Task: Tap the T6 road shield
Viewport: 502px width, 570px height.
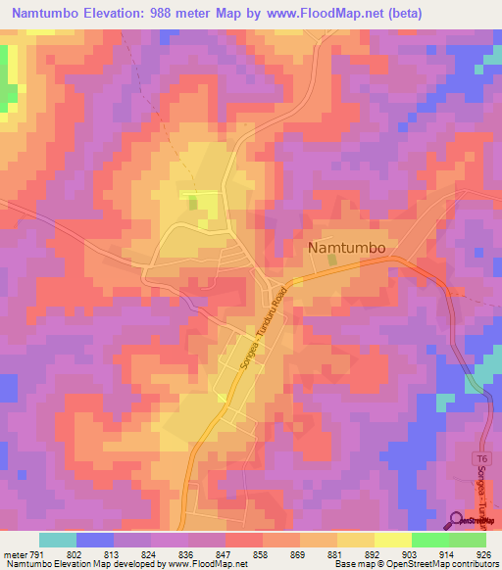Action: pyautogui.click(x=481, y=458)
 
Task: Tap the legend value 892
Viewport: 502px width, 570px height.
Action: pyautogui.click(x=374, y=553)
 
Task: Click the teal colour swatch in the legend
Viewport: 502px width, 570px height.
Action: pyautogui.click(x=57, y=540)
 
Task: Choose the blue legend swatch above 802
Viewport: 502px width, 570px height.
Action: pyautogui.click(x=95, y=540)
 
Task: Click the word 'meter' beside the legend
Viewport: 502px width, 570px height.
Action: pyautogui.click(x=15, y=553)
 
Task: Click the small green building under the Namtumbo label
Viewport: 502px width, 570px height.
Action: pyautogui.click(x=332, y=261)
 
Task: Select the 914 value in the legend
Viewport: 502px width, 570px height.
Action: pyautogui.click(x=447, y=553)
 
